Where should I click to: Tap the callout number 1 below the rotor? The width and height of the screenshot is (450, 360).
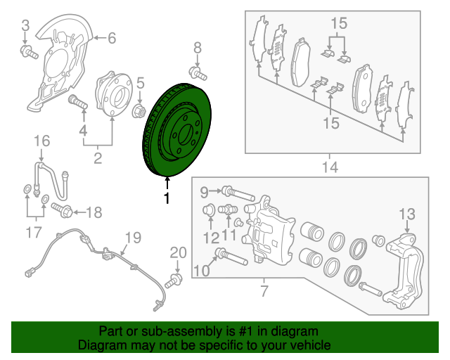tap(167, 198)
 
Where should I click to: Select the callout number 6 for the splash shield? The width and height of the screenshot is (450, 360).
tap(111, 39)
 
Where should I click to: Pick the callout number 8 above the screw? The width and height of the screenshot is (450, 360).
tap(197, 48)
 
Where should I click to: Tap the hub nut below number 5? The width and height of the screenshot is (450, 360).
tap(139, 110)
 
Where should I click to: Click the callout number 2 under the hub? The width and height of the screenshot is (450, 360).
tap(98, 157)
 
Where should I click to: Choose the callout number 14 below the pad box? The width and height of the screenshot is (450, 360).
tap(330, 167)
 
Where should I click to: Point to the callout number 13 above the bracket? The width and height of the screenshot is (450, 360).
tap(408, 214)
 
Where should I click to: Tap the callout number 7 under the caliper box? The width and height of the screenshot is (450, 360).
tap(264, 289)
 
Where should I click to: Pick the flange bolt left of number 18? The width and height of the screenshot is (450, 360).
tap(59, 210)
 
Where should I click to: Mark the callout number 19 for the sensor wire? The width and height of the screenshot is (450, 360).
tap(133, 237)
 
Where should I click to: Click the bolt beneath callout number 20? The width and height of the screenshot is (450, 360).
tap(174, 281)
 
